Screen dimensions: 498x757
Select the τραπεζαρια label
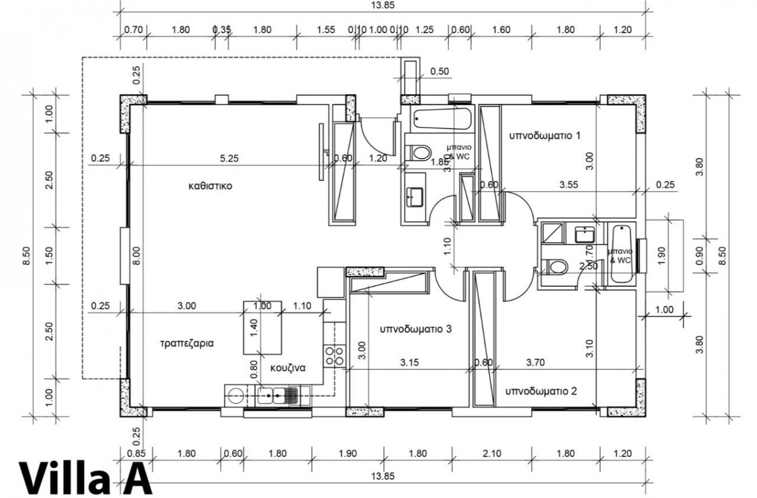[x=186, y=342]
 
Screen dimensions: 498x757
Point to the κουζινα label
[x=287, y=367]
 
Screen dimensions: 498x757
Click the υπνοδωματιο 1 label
[x=545, y=136]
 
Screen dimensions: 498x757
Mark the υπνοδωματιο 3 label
[x=416, y=329]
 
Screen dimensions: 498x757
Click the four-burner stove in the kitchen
[x=334, y=355]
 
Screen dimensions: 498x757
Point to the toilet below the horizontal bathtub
[x=420, y=153]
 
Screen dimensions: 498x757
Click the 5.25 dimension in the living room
[x=230, y=158]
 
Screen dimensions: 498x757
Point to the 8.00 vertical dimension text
[x=137, y=258]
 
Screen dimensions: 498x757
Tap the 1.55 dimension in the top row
[x=326, y=30]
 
